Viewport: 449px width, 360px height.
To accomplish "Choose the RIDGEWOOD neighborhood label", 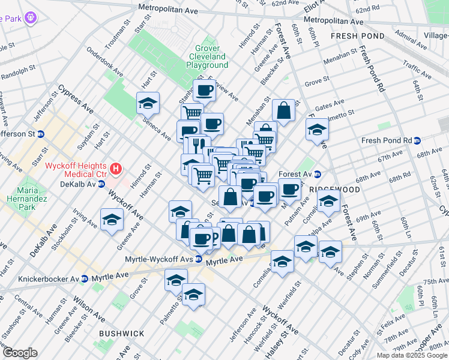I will [334, 189].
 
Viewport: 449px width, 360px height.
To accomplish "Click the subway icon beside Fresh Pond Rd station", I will [417, 140].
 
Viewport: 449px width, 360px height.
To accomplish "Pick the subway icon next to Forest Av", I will [318, 175].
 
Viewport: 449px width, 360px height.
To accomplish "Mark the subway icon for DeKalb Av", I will [101, 184].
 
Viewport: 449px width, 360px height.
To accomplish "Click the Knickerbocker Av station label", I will [49, 279].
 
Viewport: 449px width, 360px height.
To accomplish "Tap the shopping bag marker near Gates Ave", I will [284, 111].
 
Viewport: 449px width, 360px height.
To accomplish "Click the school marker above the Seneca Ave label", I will [148, 104].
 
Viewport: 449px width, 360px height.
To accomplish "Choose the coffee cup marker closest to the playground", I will [205, 91].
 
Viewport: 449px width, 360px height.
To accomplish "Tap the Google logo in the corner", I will [20, 353].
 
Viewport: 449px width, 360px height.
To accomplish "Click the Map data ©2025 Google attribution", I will [411, 355].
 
